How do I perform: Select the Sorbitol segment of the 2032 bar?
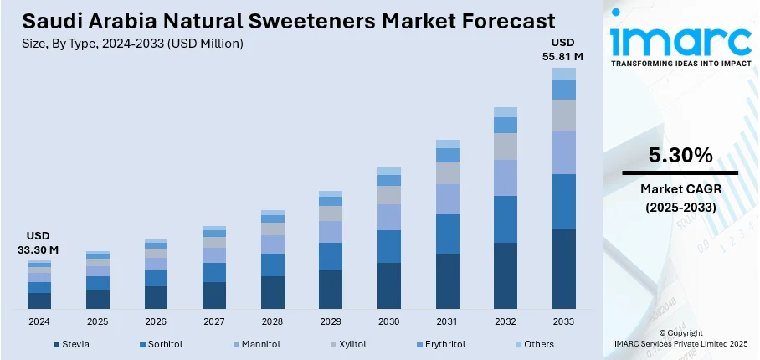pos(506,219)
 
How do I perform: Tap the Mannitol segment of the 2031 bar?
pos(448,199)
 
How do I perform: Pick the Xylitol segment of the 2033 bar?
pos(563,116)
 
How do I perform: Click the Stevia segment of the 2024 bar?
pos(39,301)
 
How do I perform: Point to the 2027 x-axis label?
pos(214,321)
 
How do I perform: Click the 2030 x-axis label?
pos(388,321)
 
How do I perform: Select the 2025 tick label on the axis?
pos(98,321)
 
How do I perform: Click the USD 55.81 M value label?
pos(563,49)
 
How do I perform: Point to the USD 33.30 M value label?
pos(39,242)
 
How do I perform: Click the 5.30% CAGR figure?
pos(680,155)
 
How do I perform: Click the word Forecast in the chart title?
pos(501,20)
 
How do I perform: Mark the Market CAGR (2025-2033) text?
pos(680,198)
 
